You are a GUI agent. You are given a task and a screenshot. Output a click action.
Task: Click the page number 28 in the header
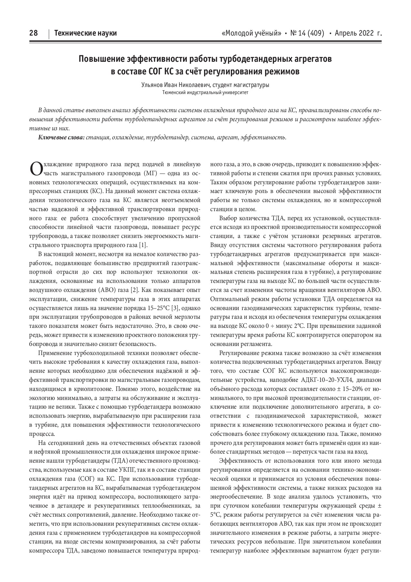(x=34, y=33)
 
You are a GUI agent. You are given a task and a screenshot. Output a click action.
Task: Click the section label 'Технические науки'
(x=86, y=33)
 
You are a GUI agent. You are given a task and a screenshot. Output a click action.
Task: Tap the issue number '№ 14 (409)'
(x=307, y=33)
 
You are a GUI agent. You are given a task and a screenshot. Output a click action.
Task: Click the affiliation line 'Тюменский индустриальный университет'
(x=205, y=92)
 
